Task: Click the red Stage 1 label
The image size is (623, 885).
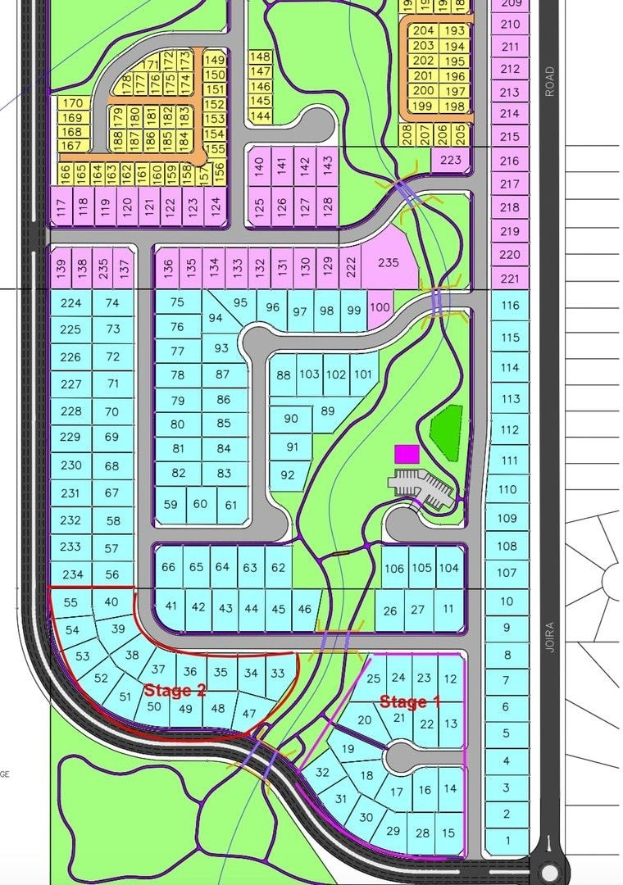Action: pyautogui.click(x=410, y=701)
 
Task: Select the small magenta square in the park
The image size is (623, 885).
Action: pyautogui.click(x=407, y=454)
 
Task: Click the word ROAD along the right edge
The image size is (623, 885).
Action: pyautogui.click(x=550, y=82)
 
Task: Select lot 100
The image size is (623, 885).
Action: pyautogui.click(x=380, y=307)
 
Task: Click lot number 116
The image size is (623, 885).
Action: pyautogui.click(x=510, y=306)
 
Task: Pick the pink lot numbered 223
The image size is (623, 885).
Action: pyautogui.click(x=451, y=160)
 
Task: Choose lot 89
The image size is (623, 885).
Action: pyautogui.click(x=328, y=411)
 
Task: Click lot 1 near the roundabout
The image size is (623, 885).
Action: pyautogui.click(x=507, y=840)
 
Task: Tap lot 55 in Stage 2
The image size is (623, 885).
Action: pyautogui.click(x=70, y=602)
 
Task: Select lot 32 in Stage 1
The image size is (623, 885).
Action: pyautogui.click(x=322, y=772)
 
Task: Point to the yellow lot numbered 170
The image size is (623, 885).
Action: pyautogui.click(x=72, y=103)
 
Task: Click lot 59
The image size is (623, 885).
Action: pyautogui.click(x=170, y=505)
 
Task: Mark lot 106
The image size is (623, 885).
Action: pyautogui.click(x=394, y=568)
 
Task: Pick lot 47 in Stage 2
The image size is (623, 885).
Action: pyautogui.click(x=249, y=713)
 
